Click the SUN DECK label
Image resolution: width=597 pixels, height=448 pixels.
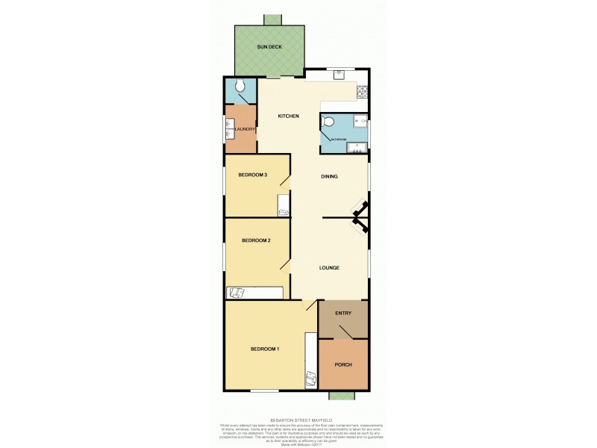[x=269, y=46]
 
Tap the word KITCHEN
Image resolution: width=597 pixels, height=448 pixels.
[x=289, y=116]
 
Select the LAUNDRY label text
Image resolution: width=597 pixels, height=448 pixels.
[x=246, y=129]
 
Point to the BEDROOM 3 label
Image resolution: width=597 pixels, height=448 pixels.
[x=253, y=175]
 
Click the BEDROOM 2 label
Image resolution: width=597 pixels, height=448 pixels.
[x=255, y=240]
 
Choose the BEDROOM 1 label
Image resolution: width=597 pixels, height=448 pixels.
[x=264, y=349]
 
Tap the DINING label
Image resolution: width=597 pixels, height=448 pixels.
[x=329, y=177]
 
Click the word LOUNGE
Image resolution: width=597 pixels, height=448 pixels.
[x=329, y=267]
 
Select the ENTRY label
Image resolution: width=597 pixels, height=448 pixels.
[x=343, y=314]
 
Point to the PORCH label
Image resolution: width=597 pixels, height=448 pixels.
[x=343, y=364]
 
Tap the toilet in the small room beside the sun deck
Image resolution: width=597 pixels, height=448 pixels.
[x=240, y=87]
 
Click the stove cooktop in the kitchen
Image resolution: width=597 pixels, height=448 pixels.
[x=362, y=93]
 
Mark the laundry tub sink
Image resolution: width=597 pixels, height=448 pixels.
[x=230, y=129]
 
